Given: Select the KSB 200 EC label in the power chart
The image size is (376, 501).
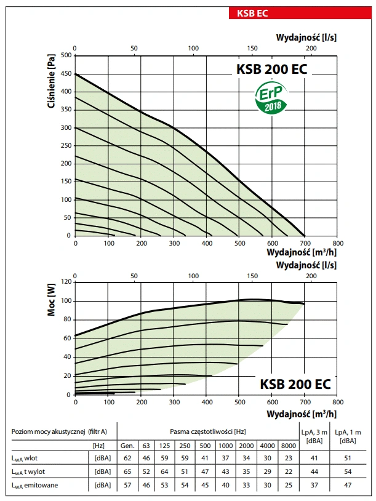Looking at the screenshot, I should (295, 385).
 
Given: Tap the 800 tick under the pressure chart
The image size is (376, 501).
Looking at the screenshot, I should (337, 244).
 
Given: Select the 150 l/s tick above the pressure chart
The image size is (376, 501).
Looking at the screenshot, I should (252, 48).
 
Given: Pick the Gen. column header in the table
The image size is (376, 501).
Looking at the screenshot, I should (127, 444).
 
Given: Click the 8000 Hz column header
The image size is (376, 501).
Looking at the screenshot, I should (289, 444).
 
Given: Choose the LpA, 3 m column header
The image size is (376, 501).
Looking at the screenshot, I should (314, 436).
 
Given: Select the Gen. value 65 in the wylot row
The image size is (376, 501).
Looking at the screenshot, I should (127, 471).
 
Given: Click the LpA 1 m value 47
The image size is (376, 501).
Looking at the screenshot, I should (347, 486).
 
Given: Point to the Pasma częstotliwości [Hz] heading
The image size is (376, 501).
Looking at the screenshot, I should (205, 431).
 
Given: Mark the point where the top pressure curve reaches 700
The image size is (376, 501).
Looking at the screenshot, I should (305, 236).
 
